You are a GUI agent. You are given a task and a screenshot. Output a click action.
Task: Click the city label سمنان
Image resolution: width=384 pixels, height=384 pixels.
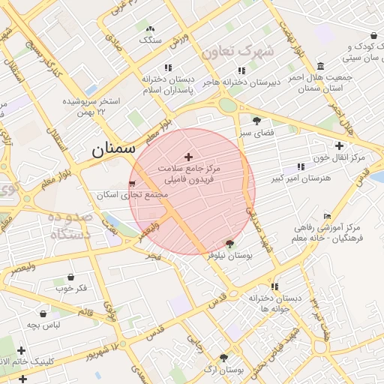coord(113,148)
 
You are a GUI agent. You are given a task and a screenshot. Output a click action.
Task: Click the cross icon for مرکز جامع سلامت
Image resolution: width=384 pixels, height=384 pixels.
coord(187,157)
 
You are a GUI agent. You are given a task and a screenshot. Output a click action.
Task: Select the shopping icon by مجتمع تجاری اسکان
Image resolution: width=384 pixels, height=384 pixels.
coord(133,183)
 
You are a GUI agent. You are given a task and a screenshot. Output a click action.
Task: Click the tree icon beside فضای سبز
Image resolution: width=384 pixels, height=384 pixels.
coord(257,120)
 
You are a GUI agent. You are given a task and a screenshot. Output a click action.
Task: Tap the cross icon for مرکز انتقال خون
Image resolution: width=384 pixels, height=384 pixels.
coord(340,145)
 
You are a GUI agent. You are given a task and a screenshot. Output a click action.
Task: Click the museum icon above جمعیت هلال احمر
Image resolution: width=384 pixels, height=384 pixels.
coord(321,65)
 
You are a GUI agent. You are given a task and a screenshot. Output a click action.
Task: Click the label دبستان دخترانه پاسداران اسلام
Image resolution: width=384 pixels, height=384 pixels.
coord(168,84)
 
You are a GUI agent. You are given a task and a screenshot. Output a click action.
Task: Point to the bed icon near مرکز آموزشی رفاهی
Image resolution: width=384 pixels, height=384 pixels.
coord(327,216)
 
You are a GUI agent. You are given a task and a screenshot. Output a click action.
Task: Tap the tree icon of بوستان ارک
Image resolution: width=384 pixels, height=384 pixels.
coord(223,358)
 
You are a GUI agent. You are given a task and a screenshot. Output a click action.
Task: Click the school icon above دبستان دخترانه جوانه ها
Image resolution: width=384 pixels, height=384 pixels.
coord(274,286)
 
